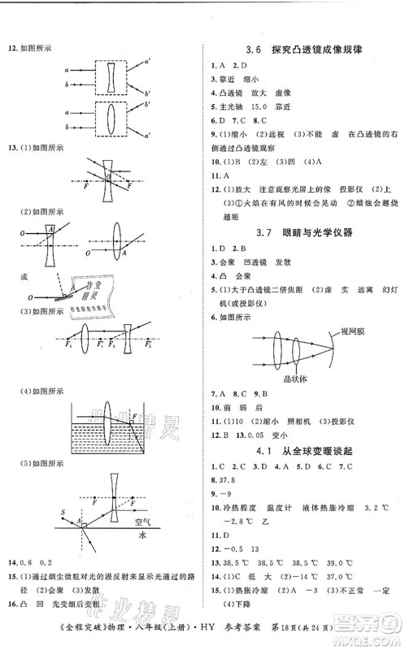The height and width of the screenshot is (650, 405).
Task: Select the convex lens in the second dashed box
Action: [x=114, y=119]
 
